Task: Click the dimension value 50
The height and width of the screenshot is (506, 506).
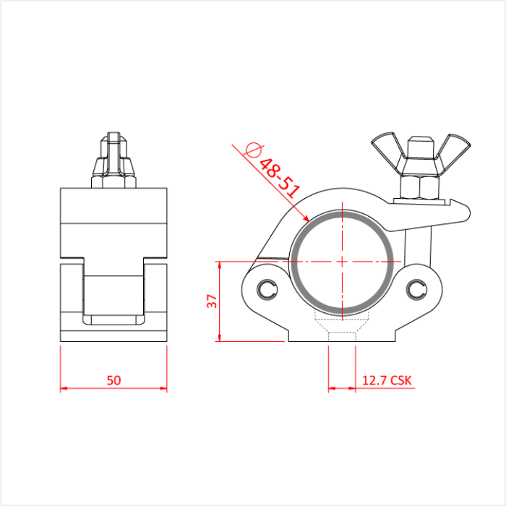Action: [113, 379]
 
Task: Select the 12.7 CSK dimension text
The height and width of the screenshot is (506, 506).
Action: [386, 379]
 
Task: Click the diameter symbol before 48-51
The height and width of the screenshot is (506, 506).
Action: [253, 150]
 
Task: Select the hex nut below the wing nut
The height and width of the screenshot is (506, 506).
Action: [419, 187]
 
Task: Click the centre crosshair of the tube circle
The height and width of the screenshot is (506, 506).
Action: [343, 260]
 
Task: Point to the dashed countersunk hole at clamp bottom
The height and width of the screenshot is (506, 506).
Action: [342, 326]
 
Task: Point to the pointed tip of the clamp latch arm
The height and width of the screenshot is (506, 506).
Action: [469, 212]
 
